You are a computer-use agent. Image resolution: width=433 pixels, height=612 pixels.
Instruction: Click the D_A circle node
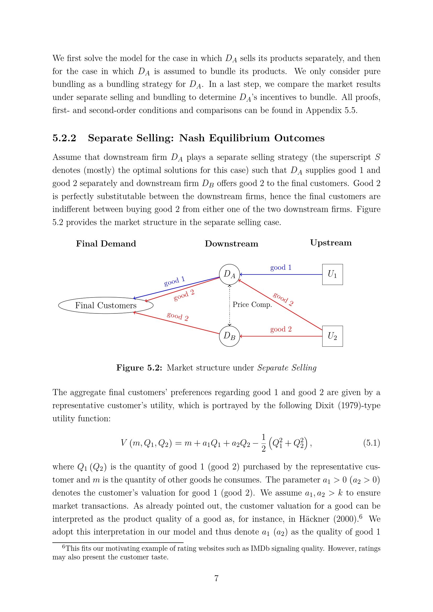point(229,274)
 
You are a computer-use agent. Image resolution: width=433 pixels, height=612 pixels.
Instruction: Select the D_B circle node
point(229,336)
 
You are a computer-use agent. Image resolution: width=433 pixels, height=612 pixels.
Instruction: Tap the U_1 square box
point(332,274)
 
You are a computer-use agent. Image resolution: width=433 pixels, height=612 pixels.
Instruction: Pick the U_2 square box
point(332,336)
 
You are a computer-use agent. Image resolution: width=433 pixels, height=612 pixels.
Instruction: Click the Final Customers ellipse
point(106,305)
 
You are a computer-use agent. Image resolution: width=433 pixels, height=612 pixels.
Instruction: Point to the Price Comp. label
point(252,304)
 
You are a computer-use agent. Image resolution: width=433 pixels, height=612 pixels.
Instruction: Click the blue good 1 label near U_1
point(281,267)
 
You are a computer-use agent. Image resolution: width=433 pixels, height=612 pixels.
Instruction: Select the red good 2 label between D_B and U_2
point(281,329)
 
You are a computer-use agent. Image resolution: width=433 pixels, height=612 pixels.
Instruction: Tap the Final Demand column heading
point(106,244)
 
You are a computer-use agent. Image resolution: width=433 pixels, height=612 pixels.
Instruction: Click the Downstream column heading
point(231,244)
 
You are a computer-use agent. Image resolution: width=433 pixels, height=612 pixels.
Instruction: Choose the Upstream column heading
point(331,243)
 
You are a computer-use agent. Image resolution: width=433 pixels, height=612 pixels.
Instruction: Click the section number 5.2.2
point(64,138)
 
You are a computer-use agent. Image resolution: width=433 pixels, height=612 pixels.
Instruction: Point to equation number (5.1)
point(372,443)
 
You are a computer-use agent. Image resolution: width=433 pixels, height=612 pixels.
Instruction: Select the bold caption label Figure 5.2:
point(139,368)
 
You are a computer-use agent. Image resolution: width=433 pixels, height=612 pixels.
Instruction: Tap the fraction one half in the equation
point(263,443)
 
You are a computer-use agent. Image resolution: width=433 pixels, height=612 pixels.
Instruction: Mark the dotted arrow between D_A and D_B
point(229,305)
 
